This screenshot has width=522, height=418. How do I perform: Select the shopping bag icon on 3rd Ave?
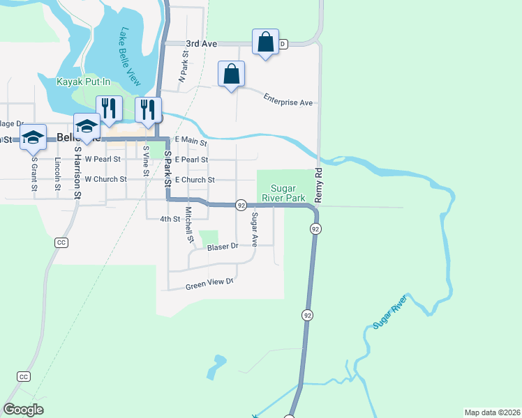(x=266, y=42)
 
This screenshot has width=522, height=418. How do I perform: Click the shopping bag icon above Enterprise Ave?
(x=232, y=74)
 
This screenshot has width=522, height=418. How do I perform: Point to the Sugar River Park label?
(x=283, y=193)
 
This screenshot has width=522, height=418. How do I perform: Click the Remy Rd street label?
(x=318, y=186)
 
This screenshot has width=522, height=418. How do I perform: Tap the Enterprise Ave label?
(x=288, y=100)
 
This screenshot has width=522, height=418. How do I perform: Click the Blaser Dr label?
(x=223, y=247)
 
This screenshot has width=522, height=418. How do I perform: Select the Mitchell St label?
(x=188, y=224)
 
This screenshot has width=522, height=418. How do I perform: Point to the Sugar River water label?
(x=389, y=313)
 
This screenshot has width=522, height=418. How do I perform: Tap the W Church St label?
(x=105, y=179)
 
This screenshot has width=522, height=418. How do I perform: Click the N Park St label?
(x=185, y=70)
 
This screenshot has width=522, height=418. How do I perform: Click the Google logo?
(x=24, y=410)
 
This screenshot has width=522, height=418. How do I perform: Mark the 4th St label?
(x=170, y=218)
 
